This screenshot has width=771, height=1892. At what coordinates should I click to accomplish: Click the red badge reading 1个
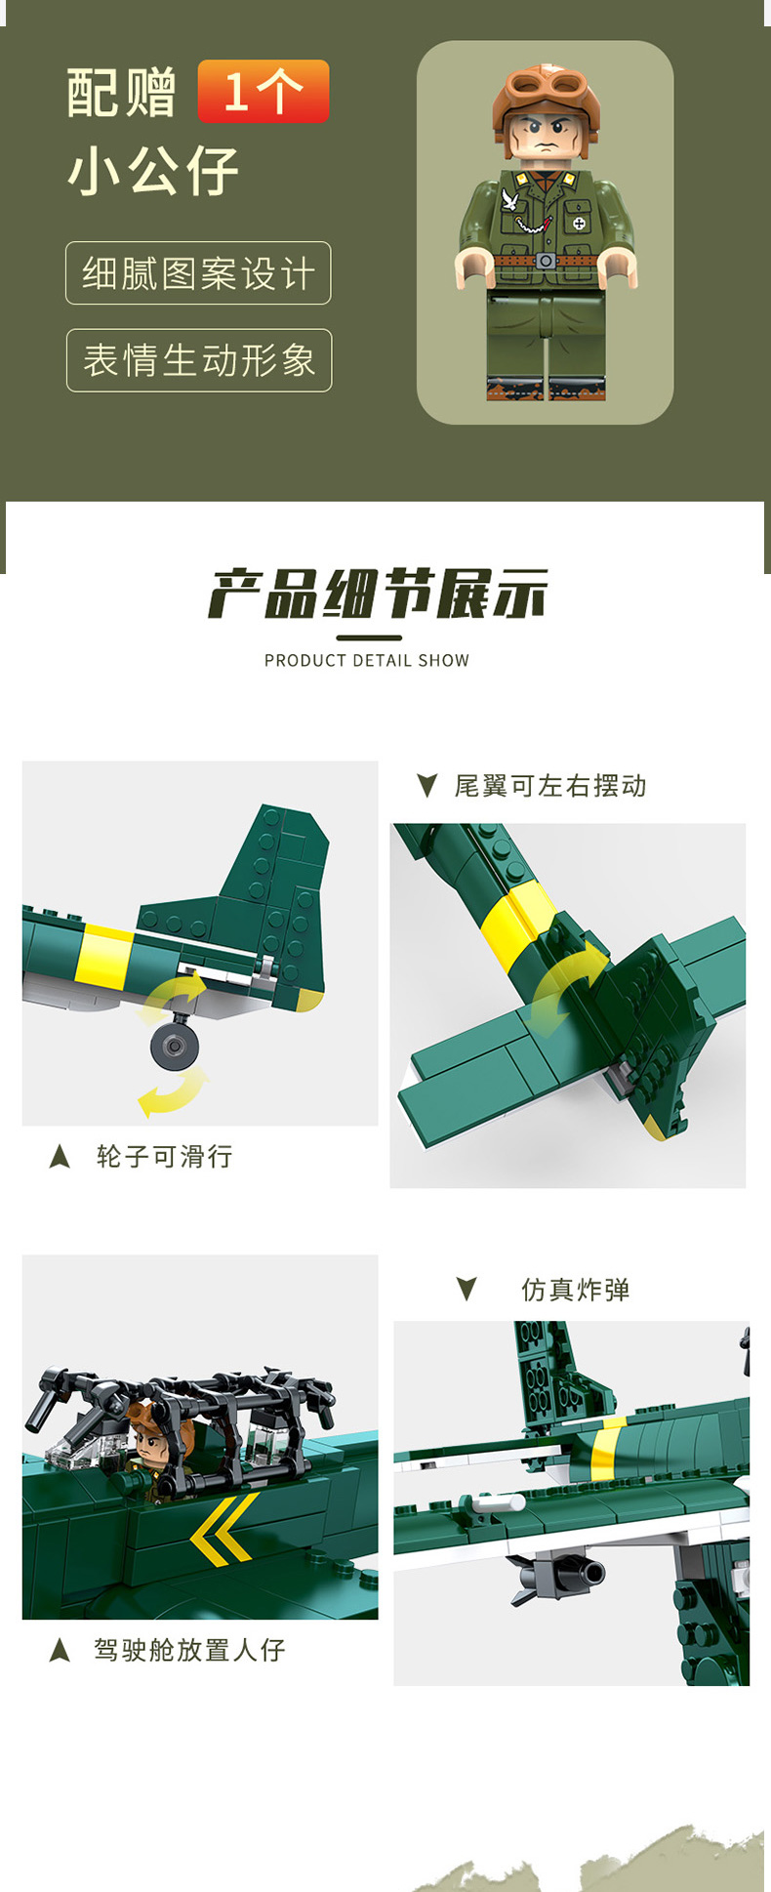[264, 91]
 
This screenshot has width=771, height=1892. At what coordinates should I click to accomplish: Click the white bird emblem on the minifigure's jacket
[509, 201]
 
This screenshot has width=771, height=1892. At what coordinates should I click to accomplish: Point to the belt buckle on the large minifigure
[546, 261]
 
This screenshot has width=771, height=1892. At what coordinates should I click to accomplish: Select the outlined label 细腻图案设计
[199, 273]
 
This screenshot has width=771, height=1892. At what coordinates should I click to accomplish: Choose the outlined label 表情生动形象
[199, 360]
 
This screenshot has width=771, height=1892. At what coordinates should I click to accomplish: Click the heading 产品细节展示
[378, 594]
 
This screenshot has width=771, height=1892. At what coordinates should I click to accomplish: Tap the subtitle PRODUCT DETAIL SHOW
[367, 661]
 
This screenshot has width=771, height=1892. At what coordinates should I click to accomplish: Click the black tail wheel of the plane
[175, 1047]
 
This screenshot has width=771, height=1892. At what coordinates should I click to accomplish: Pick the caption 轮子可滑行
[165, 1157]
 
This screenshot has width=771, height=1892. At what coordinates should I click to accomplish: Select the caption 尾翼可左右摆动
[550, 786]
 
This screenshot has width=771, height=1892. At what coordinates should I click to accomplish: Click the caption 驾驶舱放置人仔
[189, 1650]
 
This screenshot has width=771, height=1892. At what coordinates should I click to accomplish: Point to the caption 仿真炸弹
[576, 1290]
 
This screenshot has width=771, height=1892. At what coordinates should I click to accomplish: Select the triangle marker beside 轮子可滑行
[60, 1157]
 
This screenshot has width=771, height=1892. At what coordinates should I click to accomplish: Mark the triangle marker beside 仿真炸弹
[467, 1290]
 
